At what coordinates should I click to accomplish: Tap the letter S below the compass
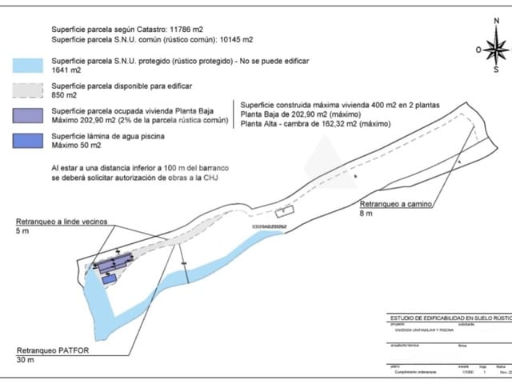[496, 70]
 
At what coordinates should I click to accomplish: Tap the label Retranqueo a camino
[395, 204]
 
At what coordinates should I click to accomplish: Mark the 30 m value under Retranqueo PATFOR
[24, 360]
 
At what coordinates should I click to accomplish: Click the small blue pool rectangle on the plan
[110, 278]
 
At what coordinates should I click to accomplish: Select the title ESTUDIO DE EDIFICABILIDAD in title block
[444, 318]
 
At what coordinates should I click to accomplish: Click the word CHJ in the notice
[210, 178]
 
